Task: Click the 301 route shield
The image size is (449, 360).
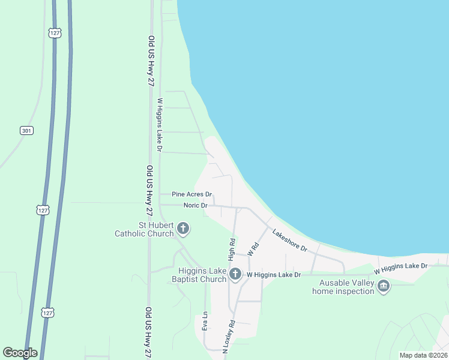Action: [x=26, y=130]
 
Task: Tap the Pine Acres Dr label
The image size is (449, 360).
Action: [x=192, y=194]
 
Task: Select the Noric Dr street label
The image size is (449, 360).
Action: [x=196, y=205]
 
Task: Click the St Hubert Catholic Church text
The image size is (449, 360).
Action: [x=144, y=229]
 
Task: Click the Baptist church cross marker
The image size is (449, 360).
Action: [x=235, y=275]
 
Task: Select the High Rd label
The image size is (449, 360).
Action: [x=231, y=247]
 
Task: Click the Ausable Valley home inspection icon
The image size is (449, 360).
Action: [x=383, y=287]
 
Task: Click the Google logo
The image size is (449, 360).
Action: [x=20, y=353]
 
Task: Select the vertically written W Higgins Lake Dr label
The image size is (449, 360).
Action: [x=160, y=125]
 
